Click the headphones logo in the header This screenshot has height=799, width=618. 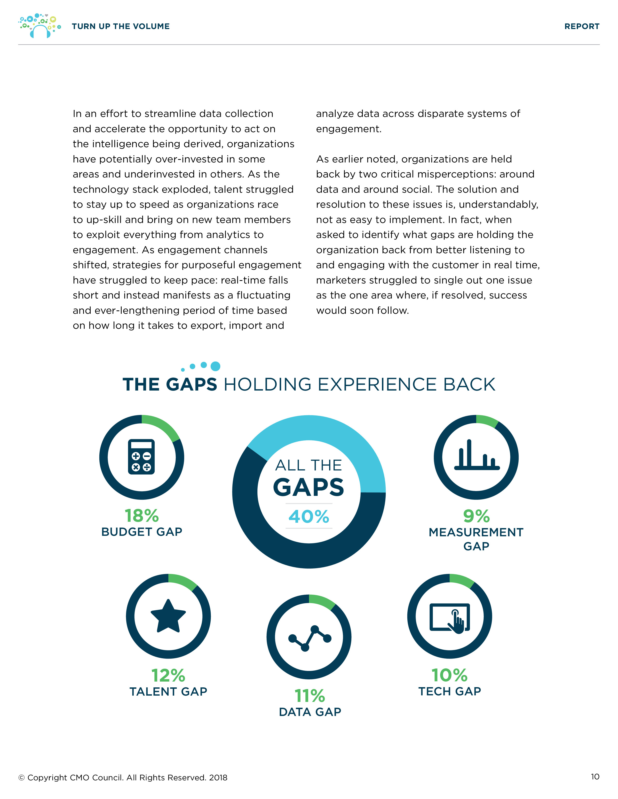pyautogui.click(x=40, y=26)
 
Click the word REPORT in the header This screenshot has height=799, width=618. pyautogui.click(x=582, y=26)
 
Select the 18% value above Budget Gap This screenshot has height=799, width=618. pyautogui.click(x=142, y=516)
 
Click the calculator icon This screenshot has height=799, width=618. pyautogui.click(x=141, y=457)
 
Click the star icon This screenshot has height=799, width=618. pyautogui.click(x=168, y=616)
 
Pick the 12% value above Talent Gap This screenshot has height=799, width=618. pyautogui.click(x=168, y=675)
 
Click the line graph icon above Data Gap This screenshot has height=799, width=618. pyautogui.click(x=310, y=638)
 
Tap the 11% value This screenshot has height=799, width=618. pyautogui.click(x=310, y=696)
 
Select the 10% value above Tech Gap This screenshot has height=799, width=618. pyautogui.click(x=450, y=675)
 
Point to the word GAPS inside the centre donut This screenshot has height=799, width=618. pyautogui.click(x=309, y=487)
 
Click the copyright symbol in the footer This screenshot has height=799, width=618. pyautogui.click(x=22, y=778)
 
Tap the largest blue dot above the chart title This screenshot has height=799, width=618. pyautogui.click(x=216, y=366)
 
